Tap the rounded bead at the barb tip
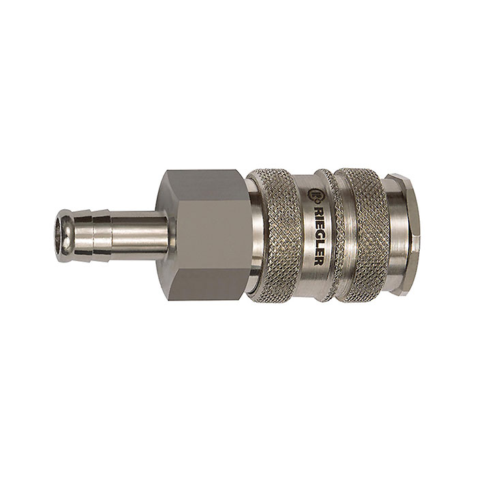tap(65, 236)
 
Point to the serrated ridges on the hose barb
tap(92, 236)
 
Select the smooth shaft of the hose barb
tap(140, 236)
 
